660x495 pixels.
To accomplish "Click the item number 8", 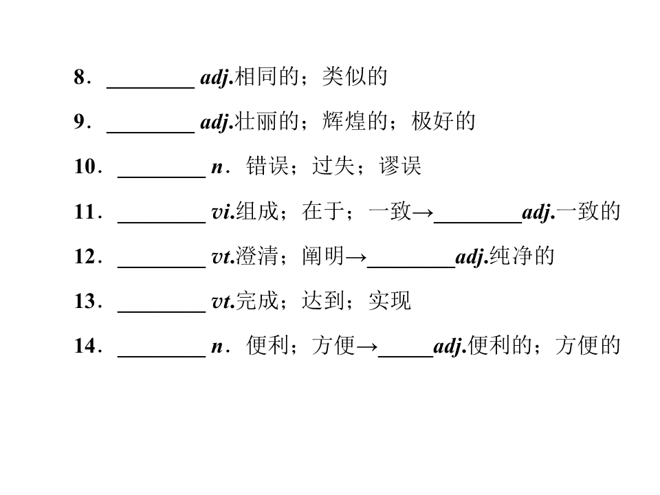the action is (x=80, y=77).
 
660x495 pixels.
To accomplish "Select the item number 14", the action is (x=85, y=346).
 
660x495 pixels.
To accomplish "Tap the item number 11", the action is (x=85, y=211).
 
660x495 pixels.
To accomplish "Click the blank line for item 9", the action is (x=151, y=132).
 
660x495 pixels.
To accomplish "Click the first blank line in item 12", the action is (x=162, y=267).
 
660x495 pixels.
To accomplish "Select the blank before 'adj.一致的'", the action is (x=478, y=222).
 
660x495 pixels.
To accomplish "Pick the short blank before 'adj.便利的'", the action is (x=406, y=357).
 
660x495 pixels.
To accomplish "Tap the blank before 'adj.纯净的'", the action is (x=411, y=267).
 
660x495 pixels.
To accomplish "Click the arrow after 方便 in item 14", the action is (x=367, y=346).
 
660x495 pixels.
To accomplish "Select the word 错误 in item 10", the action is (x=267, y=166).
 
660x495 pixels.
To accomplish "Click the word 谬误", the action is (x=400, y=166).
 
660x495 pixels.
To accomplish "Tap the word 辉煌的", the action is (x=355, y=121).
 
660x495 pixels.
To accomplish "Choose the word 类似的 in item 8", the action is (x=355, y=77).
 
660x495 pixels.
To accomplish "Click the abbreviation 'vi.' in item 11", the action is (x=223, y=212).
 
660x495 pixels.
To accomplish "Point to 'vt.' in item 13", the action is (x=223, y=302).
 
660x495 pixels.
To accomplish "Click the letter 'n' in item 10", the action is (x=217, y=168).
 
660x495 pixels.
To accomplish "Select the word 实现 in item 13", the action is (x=390, y=301).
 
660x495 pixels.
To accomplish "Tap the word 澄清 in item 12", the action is (x=256, y=256).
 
